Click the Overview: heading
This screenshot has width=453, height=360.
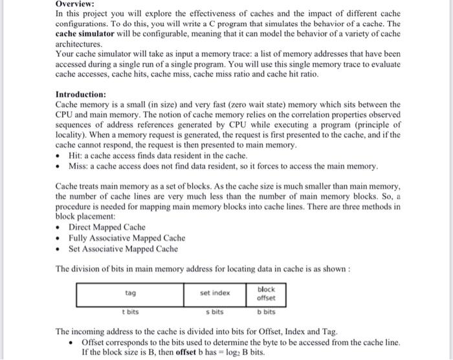click(x=76, y=4)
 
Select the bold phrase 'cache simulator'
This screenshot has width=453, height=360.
click(x=87, y=33)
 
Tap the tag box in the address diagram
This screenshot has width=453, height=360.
click(x=130, y=293)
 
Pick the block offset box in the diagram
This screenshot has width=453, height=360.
click(x=266, y=293)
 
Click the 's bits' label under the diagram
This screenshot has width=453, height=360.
click(x=217, y=311)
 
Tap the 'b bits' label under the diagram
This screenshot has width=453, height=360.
click(x=266, y=311)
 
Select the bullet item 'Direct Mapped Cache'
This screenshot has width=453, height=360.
click(x=107, y=227)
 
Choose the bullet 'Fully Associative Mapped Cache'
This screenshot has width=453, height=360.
click(x=127, y=238)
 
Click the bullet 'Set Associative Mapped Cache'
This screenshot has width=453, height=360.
click(x=123, y=248)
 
